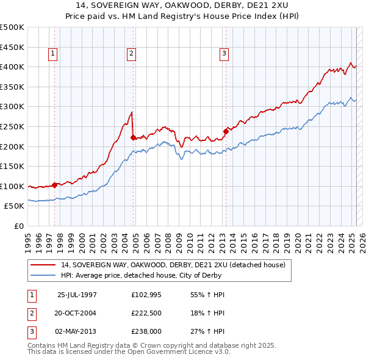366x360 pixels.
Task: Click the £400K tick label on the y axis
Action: tap(13, 67)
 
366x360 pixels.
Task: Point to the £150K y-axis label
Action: tap(13, 166)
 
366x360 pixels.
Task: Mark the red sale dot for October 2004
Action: tap(134, 137)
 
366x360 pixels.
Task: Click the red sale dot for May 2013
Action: tap(225, 131)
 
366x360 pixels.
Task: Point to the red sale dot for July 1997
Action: tap(55, 184)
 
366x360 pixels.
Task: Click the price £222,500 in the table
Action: tap(146, 312)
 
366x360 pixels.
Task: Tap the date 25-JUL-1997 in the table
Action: tap(77, 295)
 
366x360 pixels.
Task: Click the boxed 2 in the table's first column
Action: tap(31, 312)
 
